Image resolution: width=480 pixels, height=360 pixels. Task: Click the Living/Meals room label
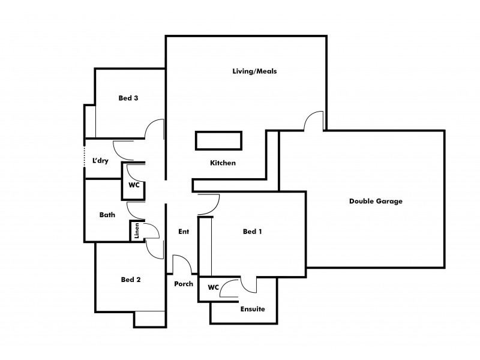click(x=254, y=71)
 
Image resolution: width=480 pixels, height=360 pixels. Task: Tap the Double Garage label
click(x=376, y=201)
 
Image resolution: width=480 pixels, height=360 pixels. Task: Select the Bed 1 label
click(x=252, y=232)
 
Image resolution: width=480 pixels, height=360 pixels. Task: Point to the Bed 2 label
click(x=130, y=279)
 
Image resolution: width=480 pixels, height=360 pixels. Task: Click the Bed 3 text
click(x=128, y=98)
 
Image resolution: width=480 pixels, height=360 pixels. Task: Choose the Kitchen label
click(x=223, y=163)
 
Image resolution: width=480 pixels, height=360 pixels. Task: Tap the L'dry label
click(x=100, y=161)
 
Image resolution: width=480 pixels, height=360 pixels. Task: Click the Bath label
click(x=107, y=214)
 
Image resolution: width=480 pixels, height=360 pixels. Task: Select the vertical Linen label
click(x=137, y=231)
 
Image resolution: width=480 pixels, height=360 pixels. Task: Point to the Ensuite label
click(x=252, y=310)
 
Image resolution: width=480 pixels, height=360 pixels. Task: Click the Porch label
click(x=184, y=284)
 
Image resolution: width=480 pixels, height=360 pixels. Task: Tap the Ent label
click(x=184, y=232)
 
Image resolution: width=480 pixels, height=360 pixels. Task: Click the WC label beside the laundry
click(x=133, y=185)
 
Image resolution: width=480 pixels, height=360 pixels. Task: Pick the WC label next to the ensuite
click(x=213, y=288)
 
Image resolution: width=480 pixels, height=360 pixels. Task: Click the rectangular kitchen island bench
click(x=218, y=140)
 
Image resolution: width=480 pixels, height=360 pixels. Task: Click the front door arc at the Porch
click(x=182, y=262)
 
